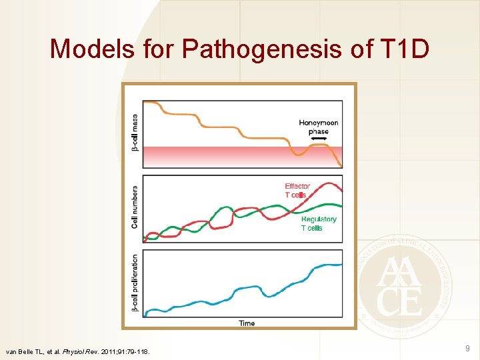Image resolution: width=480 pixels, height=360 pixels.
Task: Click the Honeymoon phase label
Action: coord(319,127)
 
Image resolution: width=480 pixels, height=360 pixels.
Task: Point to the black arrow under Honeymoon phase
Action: coord(319,137)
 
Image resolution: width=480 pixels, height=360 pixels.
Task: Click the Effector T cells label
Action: coord(297,191)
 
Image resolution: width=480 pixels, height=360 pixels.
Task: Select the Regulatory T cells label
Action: coord(319,223)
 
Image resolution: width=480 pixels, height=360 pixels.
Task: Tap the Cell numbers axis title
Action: coord(135,207)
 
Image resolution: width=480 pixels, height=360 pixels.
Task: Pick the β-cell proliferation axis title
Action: coord(135,283)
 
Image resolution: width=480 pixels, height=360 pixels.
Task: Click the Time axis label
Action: coord(246,323)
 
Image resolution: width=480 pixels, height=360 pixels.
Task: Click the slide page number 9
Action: coord(467,348)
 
